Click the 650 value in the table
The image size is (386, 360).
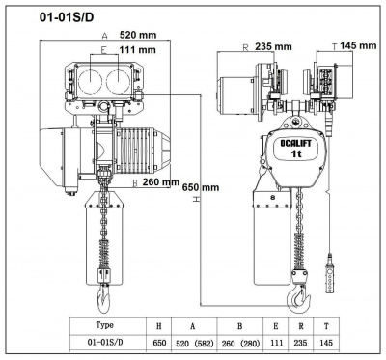(x=159, y=342)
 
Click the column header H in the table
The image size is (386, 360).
(x=159, y=325)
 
